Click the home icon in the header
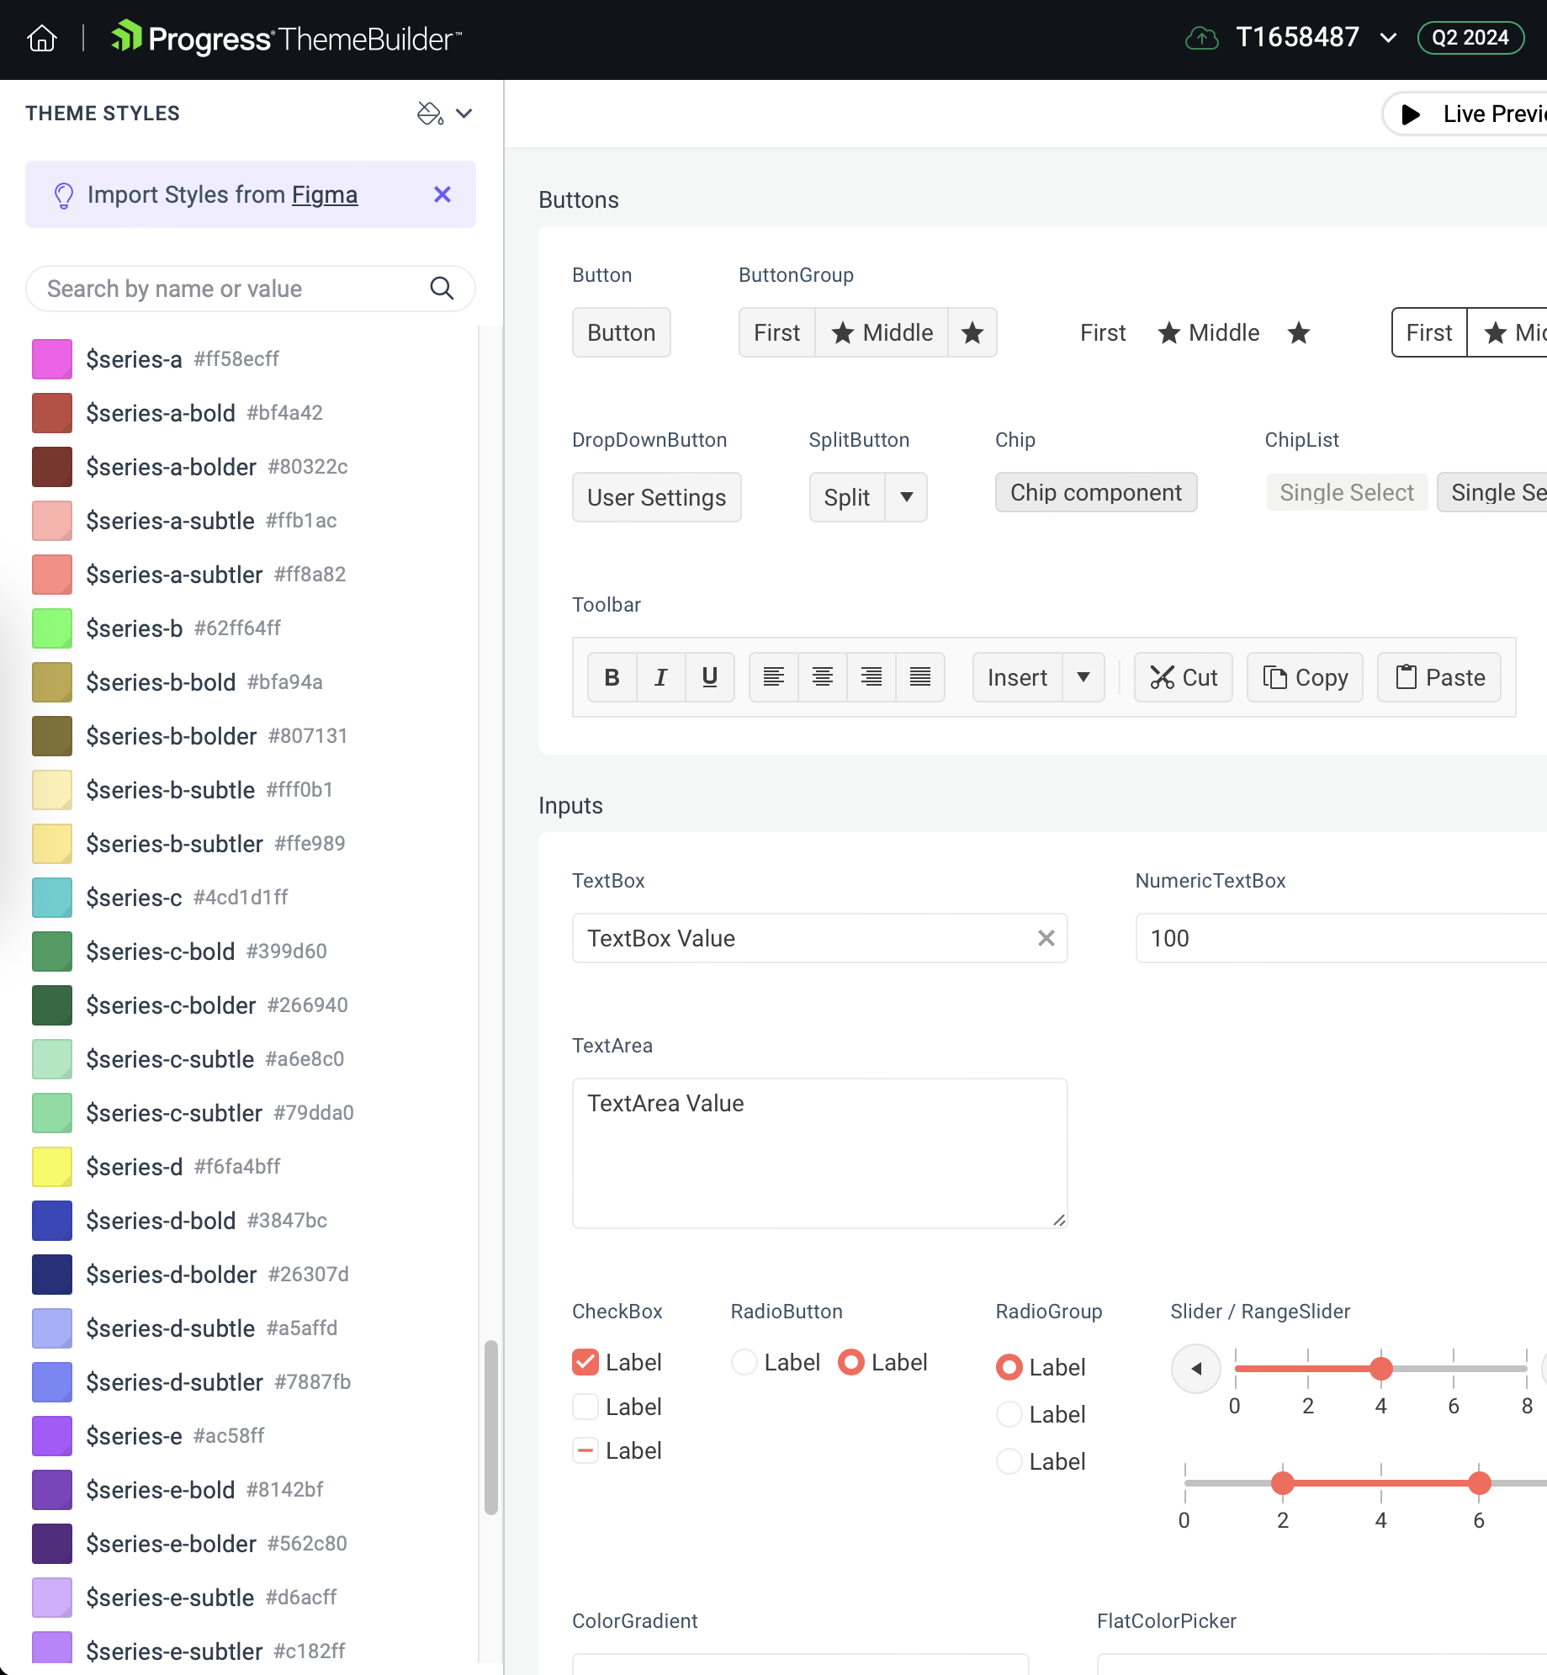42,39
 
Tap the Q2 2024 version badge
1470,38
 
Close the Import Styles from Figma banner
442,194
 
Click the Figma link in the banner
325,194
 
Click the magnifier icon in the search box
442,289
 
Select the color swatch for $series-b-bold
52,682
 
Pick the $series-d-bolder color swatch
52,1275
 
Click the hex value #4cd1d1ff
241,898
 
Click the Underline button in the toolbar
710,677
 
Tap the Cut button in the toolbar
1183,677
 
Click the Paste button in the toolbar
1439,677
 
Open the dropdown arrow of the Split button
906,497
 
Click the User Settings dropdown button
656,497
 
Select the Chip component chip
1096,492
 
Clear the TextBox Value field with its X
1046,938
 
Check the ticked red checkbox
585,1362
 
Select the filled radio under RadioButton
851,1362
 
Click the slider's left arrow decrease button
1195,1369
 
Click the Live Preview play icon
1412,114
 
